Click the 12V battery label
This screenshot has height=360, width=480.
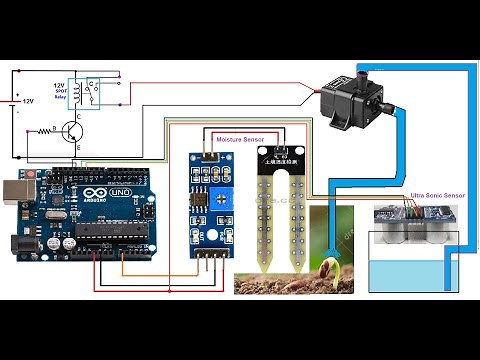[x=27, y=101]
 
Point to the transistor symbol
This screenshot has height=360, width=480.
[x=70, y=129]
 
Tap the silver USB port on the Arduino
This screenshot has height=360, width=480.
[x=13, y=191]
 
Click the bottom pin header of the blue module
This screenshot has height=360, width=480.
[x=206, y=257]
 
